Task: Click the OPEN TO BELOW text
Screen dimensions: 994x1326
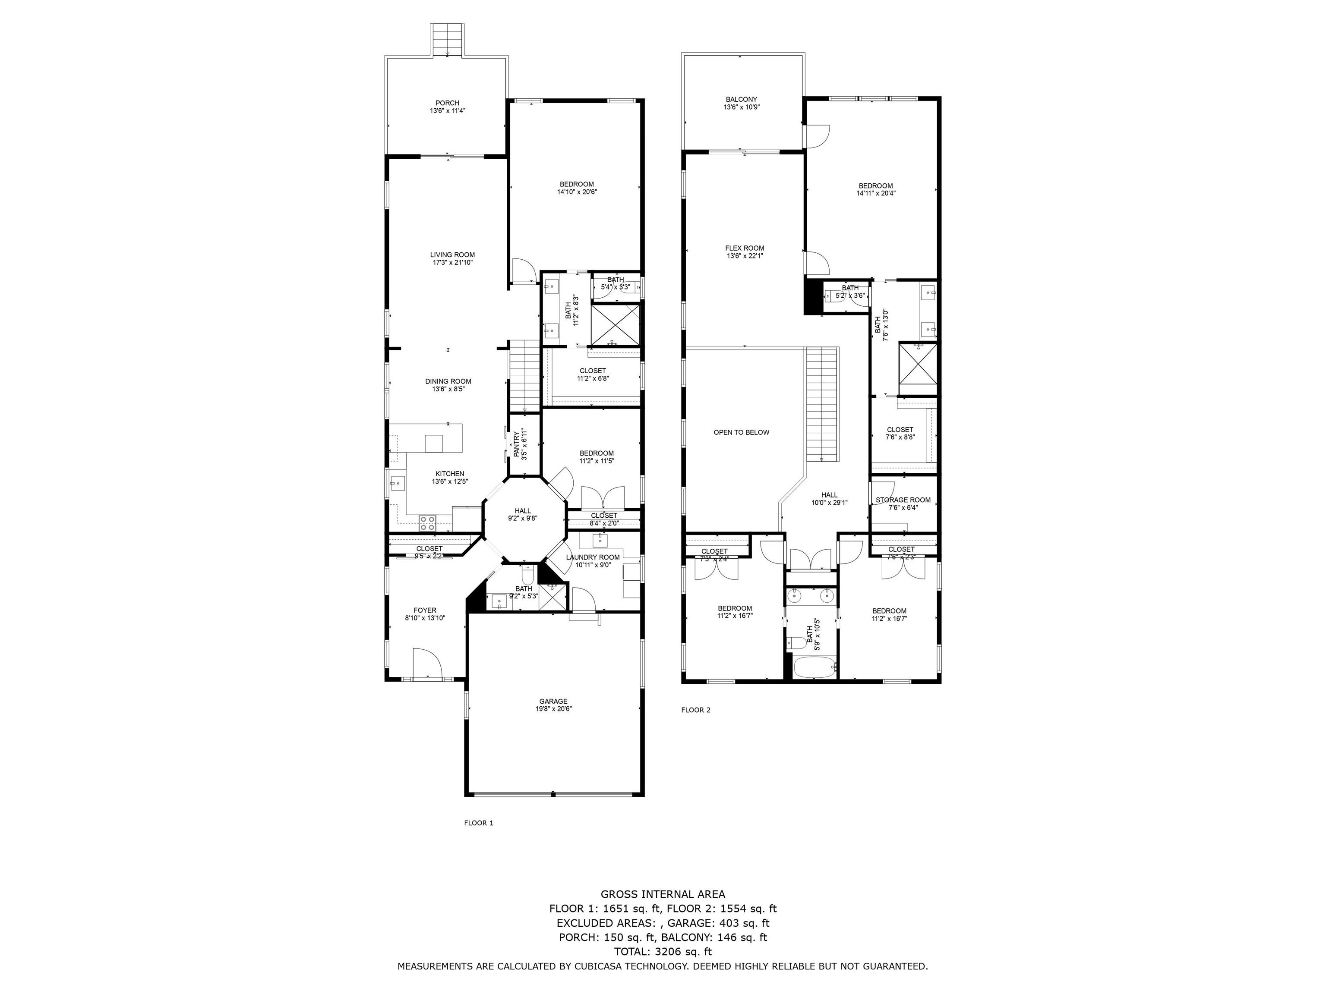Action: (x=741, y=432)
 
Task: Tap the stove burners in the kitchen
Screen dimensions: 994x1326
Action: (x=427, y=522)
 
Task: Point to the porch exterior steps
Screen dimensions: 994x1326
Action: (x=448, y=40)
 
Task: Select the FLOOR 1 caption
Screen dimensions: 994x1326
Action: (x=478, y=823)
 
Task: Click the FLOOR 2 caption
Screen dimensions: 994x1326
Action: (x=695, y=710)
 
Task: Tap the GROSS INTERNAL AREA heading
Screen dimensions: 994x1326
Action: (x=663, y=894)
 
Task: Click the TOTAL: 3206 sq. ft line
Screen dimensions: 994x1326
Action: (x=663, y=951)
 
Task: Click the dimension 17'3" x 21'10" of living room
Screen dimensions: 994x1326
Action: (x=452, y=262)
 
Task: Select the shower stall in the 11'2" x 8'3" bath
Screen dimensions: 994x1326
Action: (x=616, y=325)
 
